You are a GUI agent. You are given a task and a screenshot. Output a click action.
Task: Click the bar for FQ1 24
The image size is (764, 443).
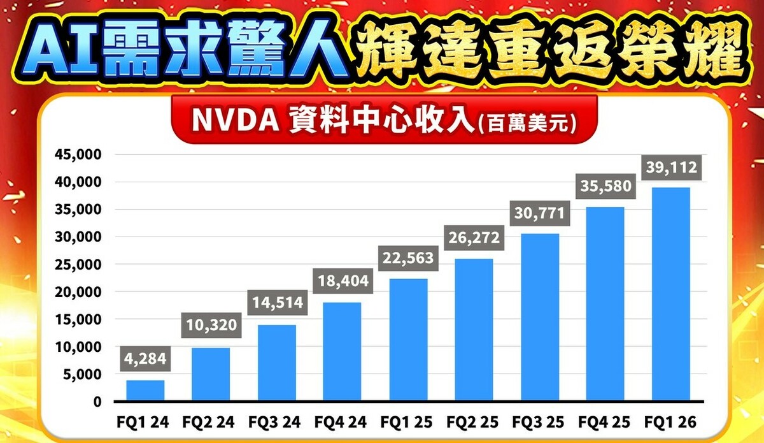145,390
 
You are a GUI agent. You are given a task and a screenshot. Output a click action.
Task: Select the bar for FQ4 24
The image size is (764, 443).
342,351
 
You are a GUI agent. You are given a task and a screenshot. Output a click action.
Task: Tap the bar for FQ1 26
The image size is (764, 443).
670,294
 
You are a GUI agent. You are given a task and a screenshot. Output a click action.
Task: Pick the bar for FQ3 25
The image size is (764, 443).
539,317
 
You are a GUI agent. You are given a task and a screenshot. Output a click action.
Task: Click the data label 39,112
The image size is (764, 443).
670,168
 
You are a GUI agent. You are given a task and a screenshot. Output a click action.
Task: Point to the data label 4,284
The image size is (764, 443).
145,359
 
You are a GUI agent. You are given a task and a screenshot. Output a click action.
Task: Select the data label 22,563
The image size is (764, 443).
407,258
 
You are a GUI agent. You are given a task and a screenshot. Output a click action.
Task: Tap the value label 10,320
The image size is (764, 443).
211,326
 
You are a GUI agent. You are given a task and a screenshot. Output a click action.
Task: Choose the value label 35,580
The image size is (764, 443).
605,187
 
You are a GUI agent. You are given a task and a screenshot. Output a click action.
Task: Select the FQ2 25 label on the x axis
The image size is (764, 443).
473,422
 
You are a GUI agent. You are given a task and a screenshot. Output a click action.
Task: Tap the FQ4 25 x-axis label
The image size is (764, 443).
604,422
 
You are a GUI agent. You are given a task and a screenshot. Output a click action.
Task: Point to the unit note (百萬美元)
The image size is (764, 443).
527,123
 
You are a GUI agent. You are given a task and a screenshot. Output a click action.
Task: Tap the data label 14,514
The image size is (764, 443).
277,302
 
